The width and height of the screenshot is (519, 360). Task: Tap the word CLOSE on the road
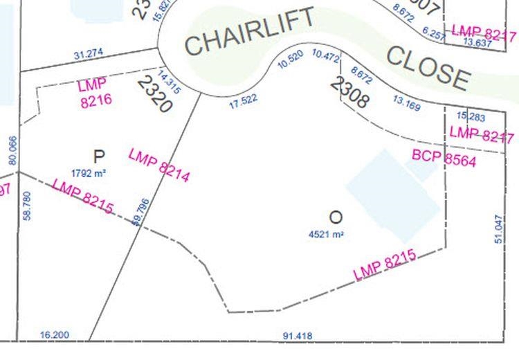click(428, 66)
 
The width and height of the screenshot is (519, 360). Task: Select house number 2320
click(154, 93)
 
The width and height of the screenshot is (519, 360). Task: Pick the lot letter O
click(336, 217)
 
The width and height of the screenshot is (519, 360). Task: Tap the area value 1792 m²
click(91, 172)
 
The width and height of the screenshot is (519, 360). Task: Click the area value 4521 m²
click(327, 234)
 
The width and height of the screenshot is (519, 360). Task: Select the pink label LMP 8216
click(95, 93)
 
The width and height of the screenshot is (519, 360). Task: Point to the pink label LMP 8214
click(159, 165)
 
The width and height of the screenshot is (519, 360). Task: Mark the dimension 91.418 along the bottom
click(296, 336)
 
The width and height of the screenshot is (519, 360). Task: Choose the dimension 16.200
click(55, 335)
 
